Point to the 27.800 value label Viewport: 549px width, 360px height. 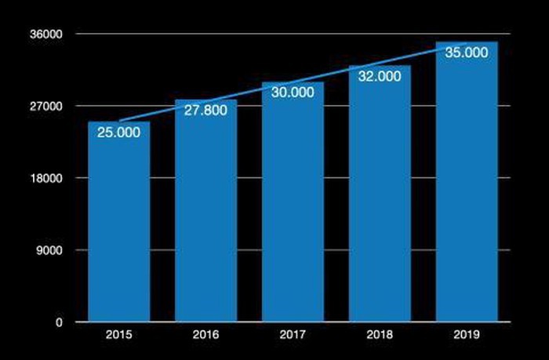tap(205, 110)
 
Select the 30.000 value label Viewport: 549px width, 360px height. tap(293, 92)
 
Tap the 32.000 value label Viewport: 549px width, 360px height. tap(380, 76)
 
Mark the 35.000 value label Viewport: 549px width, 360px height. tap(467, 53)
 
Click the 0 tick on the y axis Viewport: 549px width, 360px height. tap(60, 322)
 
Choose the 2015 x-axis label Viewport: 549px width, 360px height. tap(119, 336)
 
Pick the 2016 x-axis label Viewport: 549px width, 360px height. tap(205, 336)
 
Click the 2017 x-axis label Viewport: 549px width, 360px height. tap(293, 336)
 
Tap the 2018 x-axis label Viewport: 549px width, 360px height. tap(380, 336)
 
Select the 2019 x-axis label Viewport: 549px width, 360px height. tap(467, 336)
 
